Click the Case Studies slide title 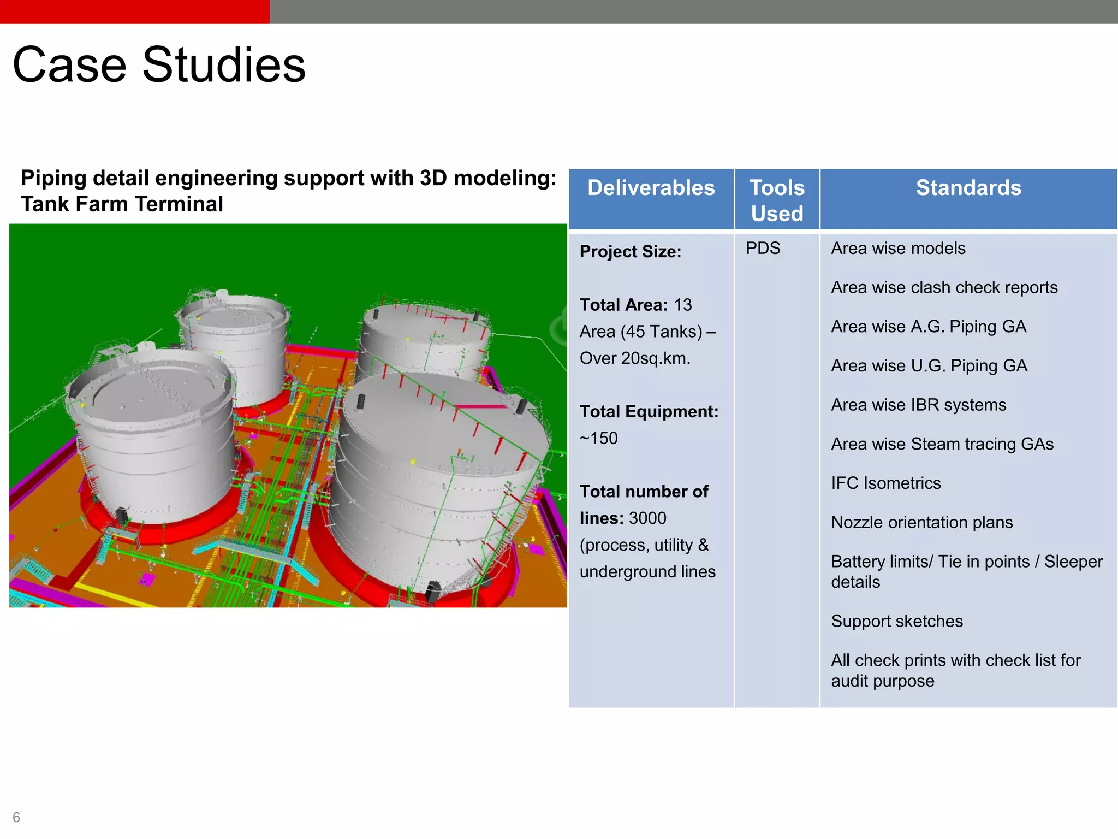[x=159, y=65]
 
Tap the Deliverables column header [x=651, y=188]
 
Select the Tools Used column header [x=777, y=200]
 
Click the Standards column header [x=968, y=188]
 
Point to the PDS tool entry [x=763, y=249]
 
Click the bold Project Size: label [x=630, y=252]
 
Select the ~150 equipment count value [x=599, y=438]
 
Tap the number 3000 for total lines [x=647, y=518]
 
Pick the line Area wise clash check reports [x=944, y=287]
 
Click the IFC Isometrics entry [x=885, y=483]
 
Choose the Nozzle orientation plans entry [x=921, y=522]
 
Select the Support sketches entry [x=896, y=621]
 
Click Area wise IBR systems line [x=918, y=405]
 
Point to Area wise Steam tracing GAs [x=942, y=444]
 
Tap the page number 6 [x=16, y=817]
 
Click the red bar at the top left [x=134, y=11]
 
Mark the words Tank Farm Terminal [x=122, y=204]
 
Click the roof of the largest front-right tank [x=442, y=421]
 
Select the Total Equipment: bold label [x=649, y=411]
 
